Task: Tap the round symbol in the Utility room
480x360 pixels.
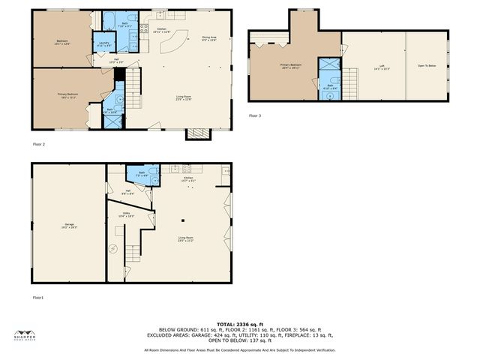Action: (x=115, y=248)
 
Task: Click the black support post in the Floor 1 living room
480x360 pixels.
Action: (x=182, y=220)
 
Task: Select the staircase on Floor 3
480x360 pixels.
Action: (x=350, y=77)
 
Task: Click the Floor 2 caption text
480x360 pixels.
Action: (x=39, y=144)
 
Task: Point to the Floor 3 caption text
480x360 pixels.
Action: (x=255, y=115)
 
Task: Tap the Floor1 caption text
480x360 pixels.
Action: (x=38, y=298)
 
